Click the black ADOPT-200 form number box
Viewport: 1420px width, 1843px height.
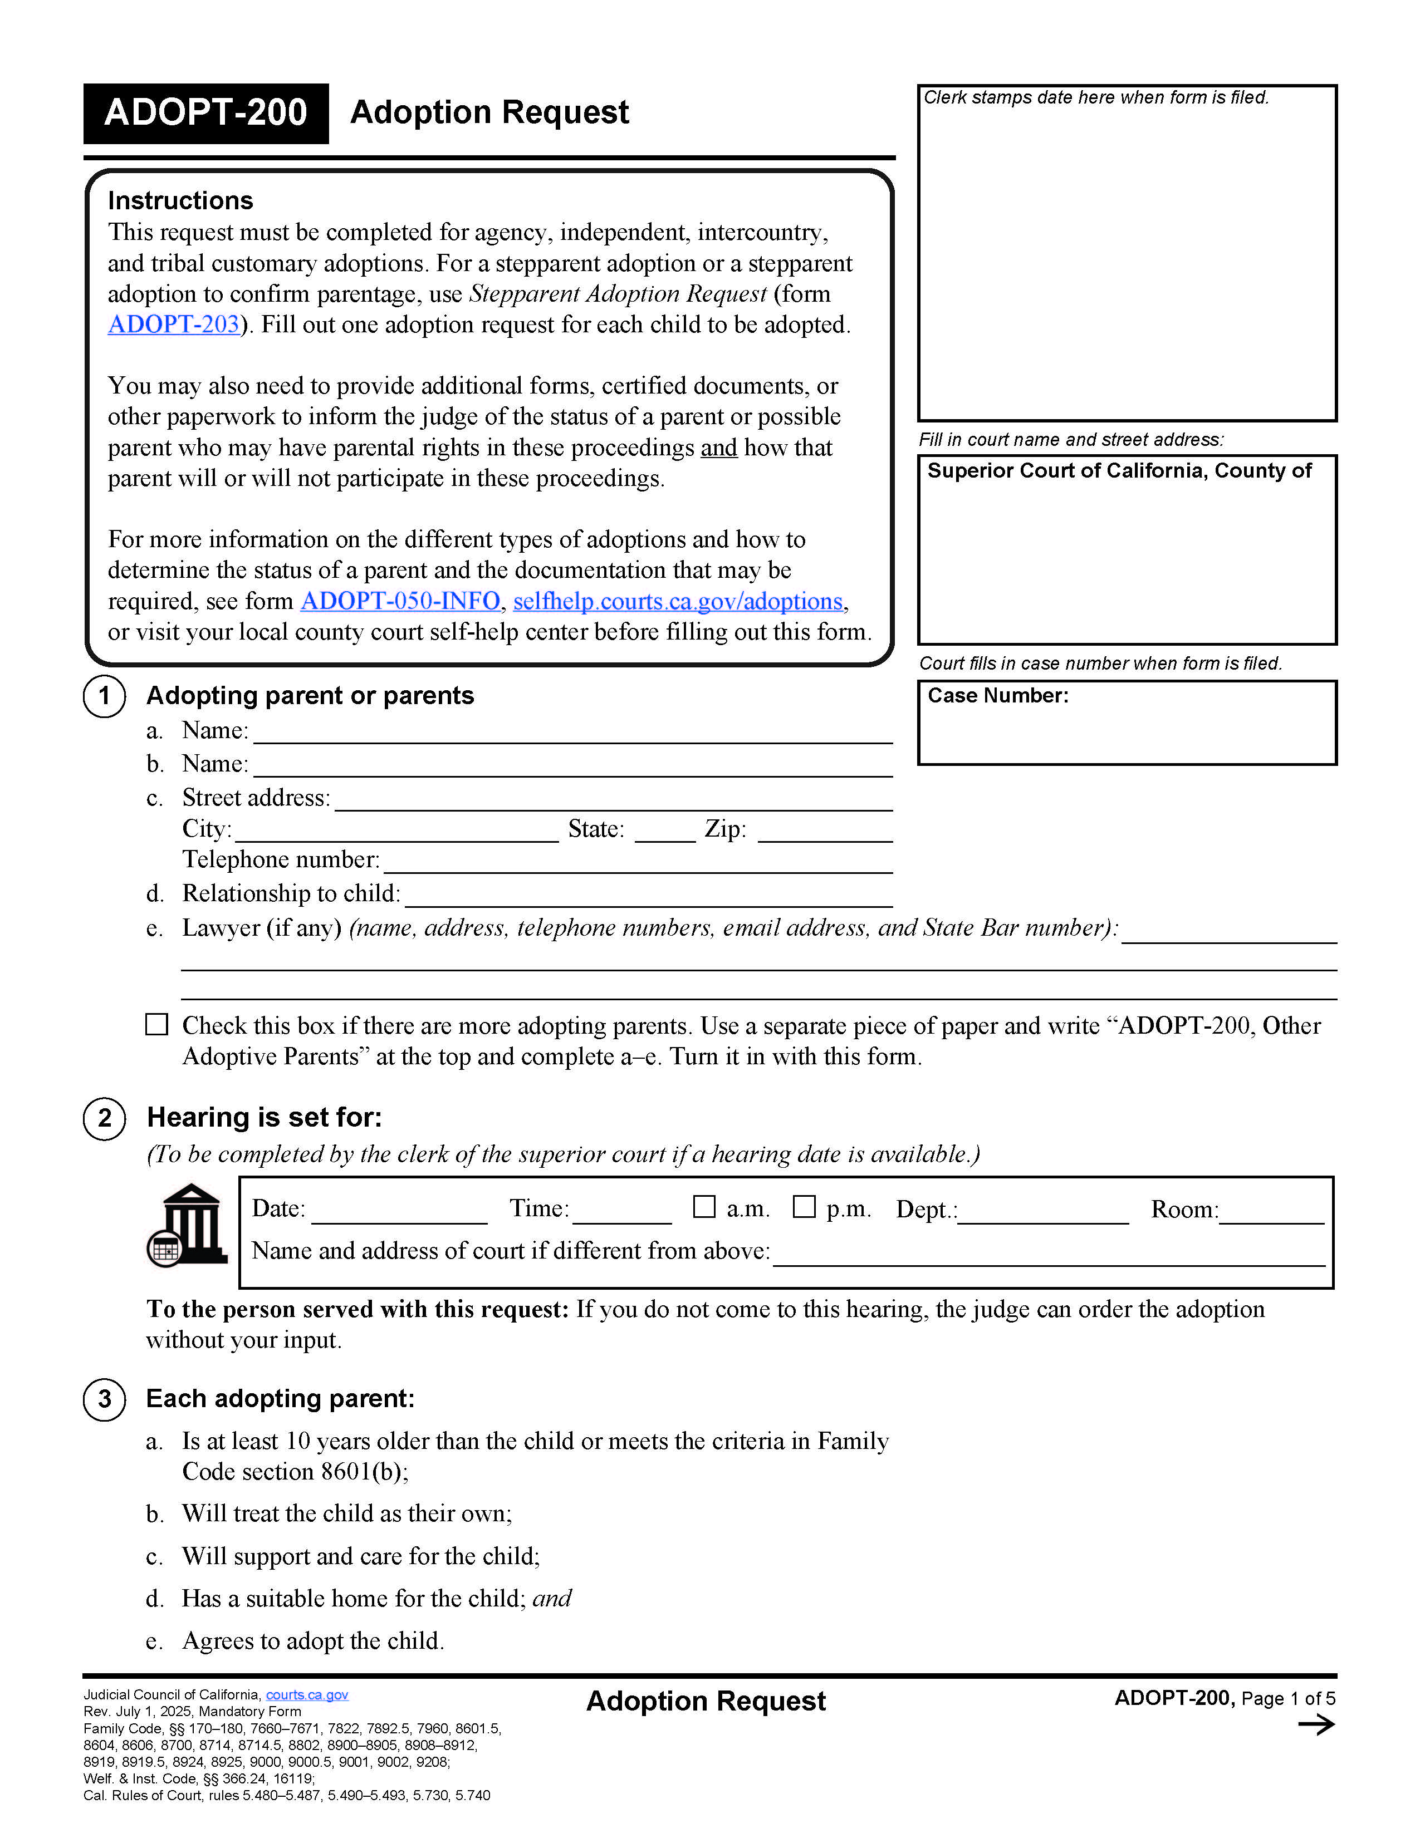click(x=205, y=113)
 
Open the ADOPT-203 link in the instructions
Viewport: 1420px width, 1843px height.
click(x=174, y=325)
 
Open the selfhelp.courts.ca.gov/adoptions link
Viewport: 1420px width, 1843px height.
click(x=678, y=601)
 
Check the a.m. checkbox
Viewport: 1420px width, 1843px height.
click(x=703, y=1207)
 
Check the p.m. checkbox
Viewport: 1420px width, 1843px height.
click(x=804, y=1207)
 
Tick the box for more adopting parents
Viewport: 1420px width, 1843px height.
click(x=157, y=1024)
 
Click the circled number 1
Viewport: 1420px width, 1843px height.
click(x=105, y=696)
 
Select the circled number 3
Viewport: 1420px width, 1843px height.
click(x=105, y=1399)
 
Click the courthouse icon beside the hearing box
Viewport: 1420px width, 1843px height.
click(x=188, y=1225)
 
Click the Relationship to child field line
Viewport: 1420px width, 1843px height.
click(x=648, y=898)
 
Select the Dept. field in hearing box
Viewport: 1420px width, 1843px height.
click(x=1044, y=1215)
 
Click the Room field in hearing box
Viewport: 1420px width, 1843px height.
click(x=1271, y=1215)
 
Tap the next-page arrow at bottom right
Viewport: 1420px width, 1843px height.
click(x=1315, y=1725)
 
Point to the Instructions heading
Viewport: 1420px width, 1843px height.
click(x=180, y=201)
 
